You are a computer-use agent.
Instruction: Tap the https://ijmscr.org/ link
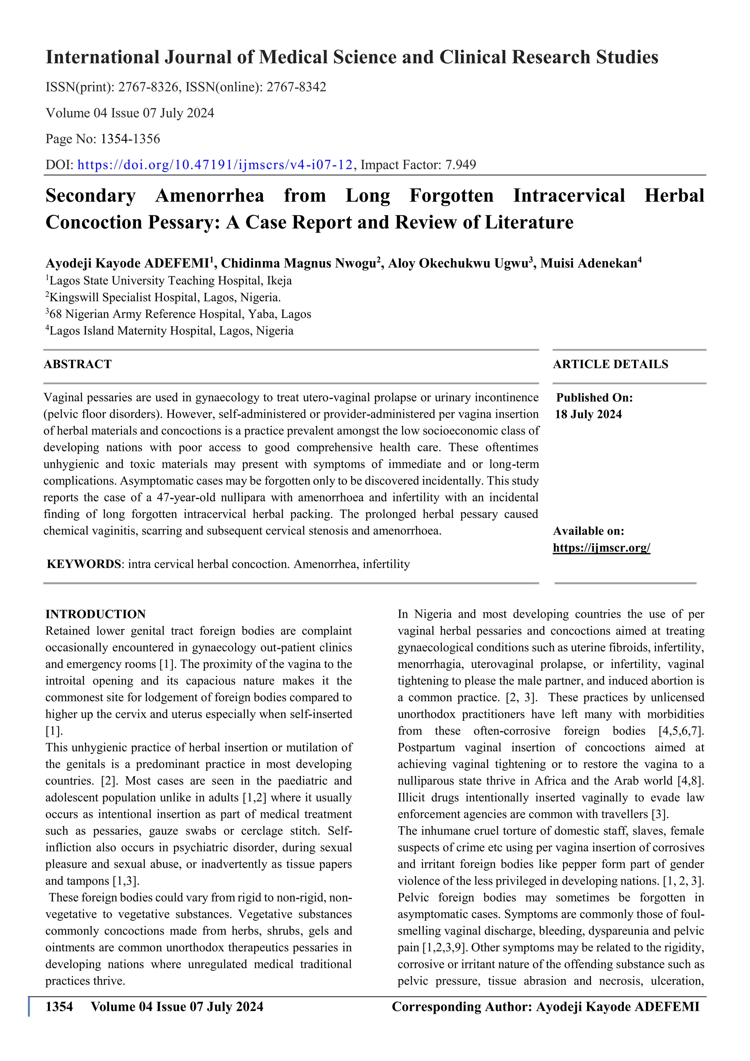click(x=601, y=548)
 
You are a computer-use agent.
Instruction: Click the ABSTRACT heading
click(x=78, y=365)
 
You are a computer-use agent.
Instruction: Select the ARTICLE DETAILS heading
click(x=610, y=365)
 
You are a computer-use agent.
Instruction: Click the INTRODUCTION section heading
click(x=96, y=614)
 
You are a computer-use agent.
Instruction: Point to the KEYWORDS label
click(x=83, y=564)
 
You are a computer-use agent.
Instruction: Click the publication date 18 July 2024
click(x=589, y=414)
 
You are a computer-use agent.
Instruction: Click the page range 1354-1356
click(x=130, y=139)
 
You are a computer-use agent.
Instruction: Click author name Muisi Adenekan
click(x=589, y=263)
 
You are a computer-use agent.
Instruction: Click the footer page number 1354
click(x=59, y=1006)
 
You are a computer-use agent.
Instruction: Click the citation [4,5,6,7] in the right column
click(x=681, y=731)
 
